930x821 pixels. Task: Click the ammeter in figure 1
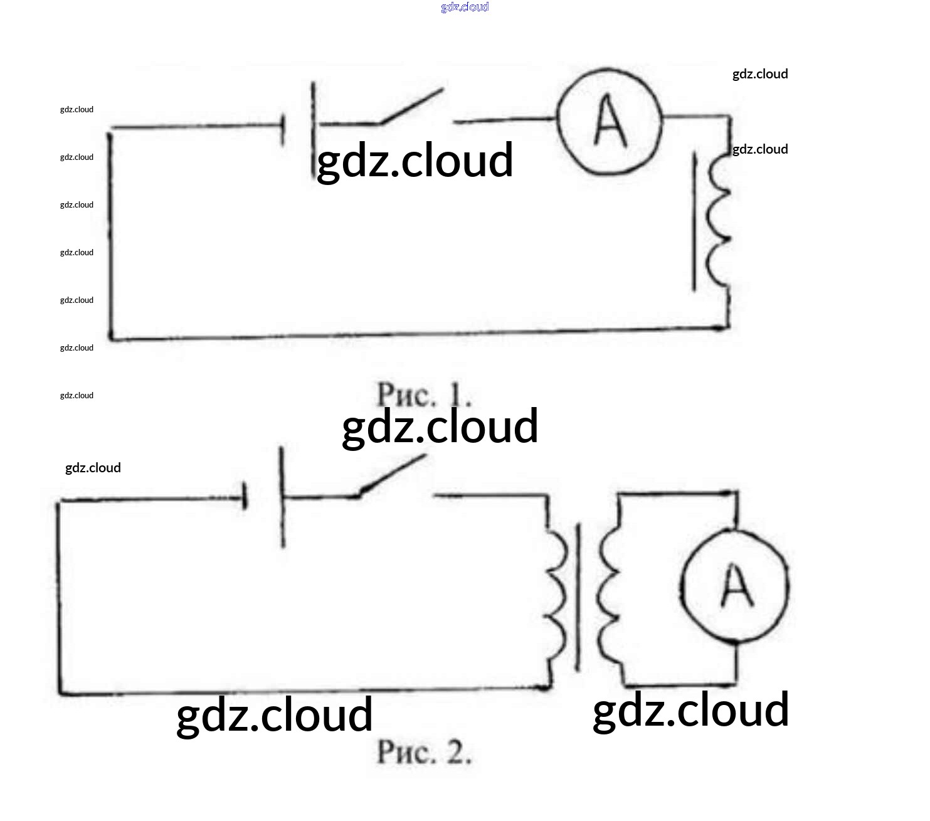[610, 122]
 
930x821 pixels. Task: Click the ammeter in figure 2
[735, 586]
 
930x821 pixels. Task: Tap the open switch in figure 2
[392, 478]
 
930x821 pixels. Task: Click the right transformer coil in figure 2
[608, 596]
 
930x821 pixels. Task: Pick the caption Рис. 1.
[424, 395]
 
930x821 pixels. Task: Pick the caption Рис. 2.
[424, 752]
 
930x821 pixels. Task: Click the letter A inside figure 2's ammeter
[736, 586]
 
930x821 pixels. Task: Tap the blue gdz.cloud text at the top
[465, 7]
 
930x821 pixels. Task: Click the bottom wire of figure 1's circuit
[414, 334]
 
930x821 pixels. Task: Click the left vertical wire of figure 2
[59, 596]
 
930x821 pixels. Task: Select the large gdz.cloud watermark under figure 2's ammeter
[690, 711]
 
